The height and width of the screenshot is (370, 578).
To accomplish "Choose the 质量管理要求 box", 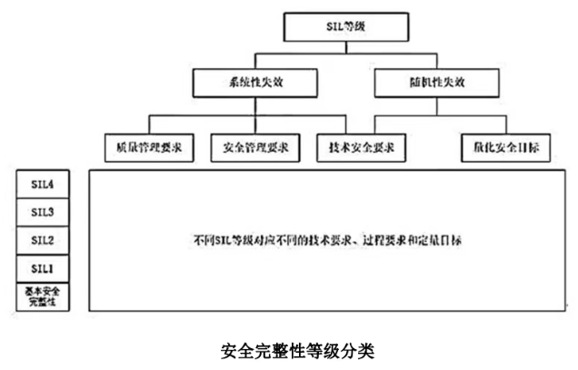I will pyautogui.click(x=150, y=145).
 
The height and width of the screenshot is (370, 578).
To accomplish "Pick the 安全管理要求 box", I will pyautogui.click(x=255, y=145).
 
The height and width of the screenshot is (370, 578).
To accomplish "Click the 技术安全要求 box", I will pyautogui.click(x=361, y=145).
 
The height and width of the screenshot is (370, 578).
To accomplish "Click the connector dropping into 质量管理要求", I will pyautogui.click(x=150, y=125).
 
